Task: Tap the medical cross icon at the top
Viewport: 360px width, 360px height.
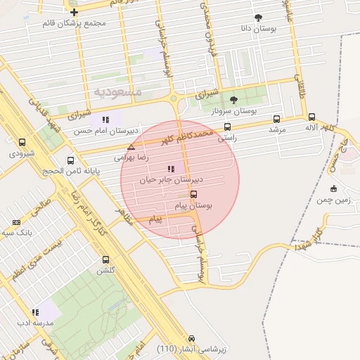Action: click(74, 12)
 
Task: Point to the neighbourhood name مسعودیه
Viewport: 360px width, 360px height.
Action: click(118, 92)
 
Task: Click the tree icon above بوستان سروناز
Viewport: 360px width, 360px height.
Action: click(233, 100)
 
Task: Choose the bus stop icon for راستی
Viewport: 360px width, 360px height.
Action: click(227, 127)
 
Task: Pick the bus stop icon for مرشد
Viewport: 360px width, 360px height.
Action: click(276, 119)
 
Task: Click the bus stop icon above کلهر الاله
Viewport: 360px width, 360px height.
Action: click(311, 117)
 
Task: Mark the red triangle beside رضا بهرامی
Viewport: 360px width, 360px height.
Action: click(131, 147)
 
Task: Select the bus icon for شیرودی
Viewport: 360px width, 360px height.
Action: click(22, 141)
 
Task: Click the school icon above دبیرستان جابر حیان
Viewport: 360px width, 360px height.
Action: click(170, 169)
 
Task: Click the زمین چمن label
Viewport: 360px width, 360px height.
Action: click(333, 200)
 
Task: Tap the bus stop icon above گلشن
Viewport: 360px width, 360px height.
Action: click(105, 259)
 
